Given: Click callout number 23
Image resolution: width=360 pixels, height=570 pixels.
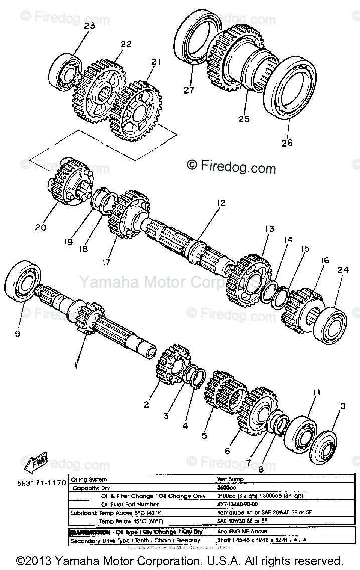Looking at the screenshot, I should (x=89, y=26).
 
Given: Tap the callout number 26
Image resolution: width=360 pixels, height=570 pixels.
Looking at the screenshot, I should (x=286, y=142).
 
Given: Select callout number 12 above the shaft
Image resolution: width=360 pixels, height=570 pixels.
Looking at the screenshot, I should (x=221, y=203).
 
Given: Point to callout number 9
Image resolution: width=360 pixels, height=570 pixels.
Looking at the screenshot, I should (x=18, y=333).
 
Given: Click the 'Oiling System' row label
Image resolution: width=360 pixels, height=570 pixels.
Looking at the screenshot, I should (x=90, y=479).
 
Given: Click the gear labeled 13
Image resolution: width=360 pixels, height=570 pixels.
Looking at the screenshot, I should (x=249, y=275).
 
